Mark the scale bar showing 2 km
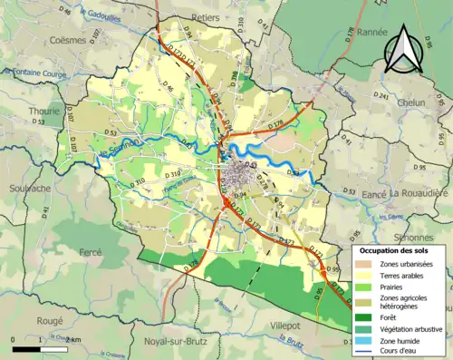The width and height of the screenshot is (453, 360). click(x=41, y=347)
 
